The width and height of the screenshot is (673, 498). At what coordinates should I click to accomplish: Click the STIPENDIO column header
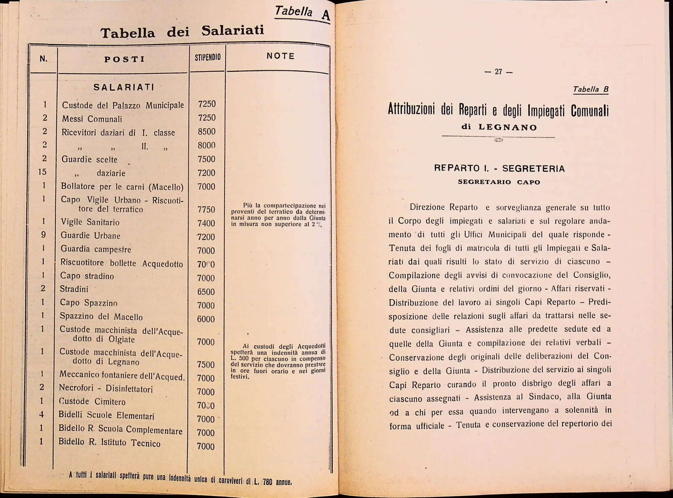207,57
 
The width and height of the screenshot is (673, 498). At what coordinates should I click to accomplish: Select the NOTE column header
280,56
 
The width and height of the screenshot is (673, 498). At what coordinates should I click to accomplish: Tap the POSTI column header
124,59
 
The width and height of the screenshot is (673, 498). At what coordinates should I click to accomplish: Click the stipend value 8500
207,132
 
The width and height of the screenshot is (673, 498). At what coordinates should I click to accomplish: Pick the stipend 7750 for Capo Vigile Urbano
206,210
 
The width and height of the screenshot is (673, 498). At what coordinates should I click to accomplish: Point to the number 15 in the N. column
42,172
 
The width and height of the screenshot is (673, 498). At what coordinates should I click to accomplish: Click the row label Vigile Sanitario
90,222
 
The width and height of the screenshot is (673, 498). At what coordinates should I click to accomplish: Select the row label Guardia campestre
96,249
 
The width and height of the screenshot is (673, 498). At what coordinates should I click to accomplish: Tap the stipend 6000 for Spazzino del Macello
206,319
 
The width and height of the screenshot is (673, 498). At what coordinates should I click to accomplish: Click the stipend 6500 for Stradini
206,292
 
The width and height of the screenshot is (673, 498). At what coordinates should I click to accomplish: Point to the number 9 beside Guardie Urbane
43,234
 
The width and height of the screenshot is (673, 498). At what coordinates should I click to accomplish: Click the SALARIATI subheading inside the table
124,88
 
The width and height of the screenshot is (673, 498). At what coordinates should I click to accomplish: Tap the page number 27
499,72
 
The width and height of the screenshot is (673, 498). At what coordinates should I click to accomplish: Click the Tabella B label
591,90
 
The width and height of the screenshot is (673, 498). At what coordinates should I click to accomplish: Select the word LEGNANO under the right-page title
508,128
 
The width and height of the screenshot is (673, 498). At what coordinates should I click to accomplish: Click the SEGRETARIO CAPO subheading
499,182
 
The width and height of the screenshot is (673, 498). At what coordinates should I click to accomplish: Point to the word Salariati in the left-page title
232,31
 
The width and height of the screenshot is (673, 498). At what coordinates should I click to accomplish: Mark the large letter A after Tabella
326,15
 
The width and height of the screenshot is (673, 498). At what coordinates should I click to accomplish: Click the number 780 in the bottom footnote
267,482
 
